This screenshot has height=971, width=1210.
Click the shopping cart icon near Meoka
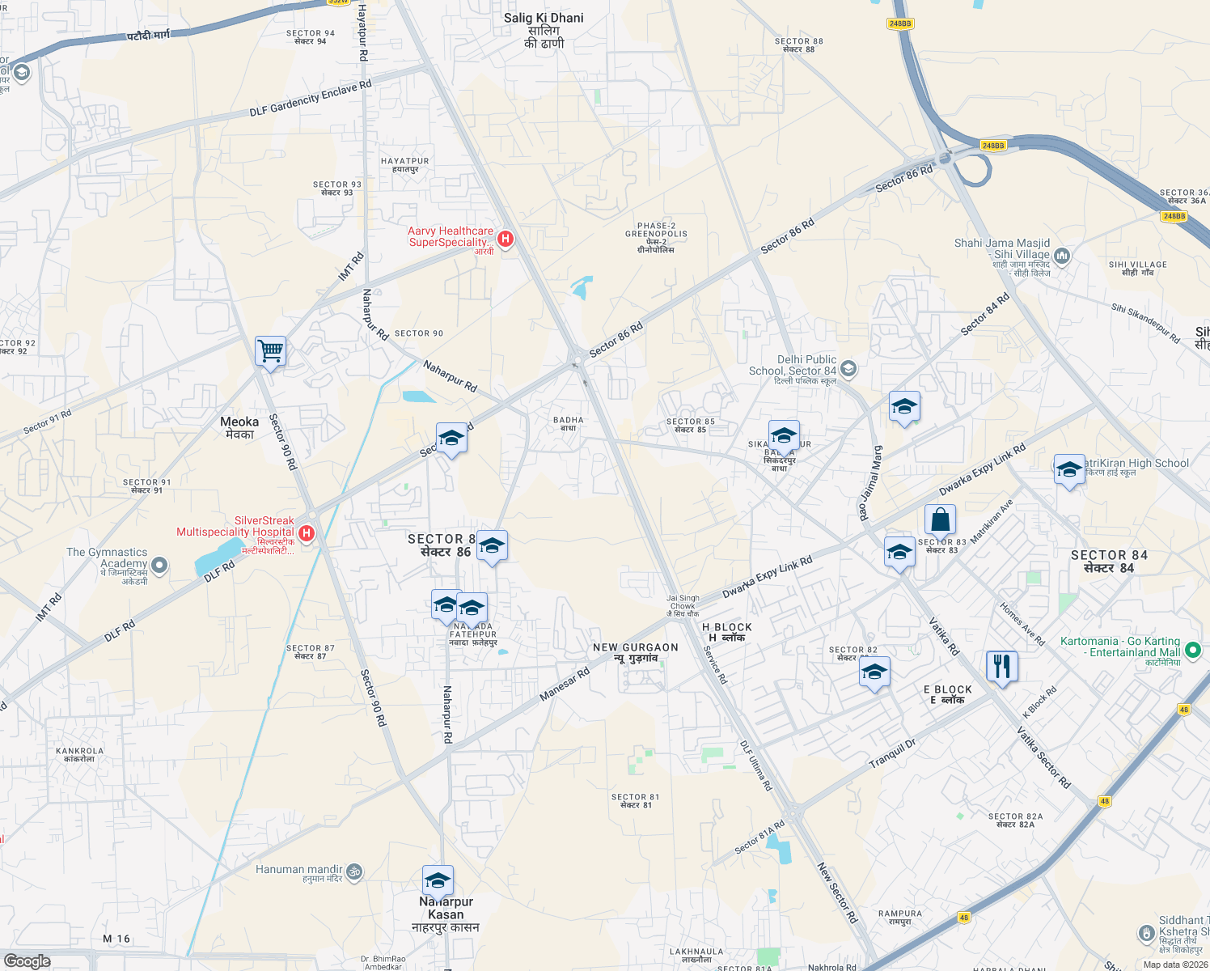[x=270, y=352]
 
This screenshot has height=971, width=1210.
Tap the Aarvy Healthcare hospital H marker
[x=506, y=239]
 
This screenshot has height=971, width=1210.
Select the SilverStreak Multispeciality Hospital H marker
[x=307, y=533]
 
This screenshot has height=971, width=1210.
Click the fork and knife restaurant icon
[x=1002, y=667]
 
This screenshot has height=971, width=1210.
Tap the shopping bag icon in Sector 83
[x=940, y=519]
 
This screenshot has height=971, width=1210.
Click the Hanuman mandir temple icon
[x=354, y=871]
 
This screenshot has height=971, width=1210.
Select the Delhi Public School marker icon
[x=848, y=369]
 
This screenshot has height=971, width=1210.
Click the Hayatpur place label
[x=405, y=165]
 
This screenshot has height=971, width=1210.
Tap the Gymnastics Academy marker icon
[x=159, y=565]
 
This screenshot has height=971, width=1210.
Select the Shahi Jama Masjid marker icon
[x=1062, y=257]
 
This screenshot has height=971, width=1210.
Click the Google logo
[x=27, y=961]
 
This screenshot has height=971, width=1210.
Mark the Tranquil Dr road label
[x=892, y=754]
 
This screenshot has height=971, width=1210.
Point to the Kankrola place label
[x=80, y=754]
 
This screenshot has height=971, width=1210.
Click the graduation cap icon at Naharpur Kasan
[x=438, y=881]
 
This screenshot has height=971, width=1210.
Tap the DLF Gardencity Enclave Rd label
[x=311, y=98]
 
